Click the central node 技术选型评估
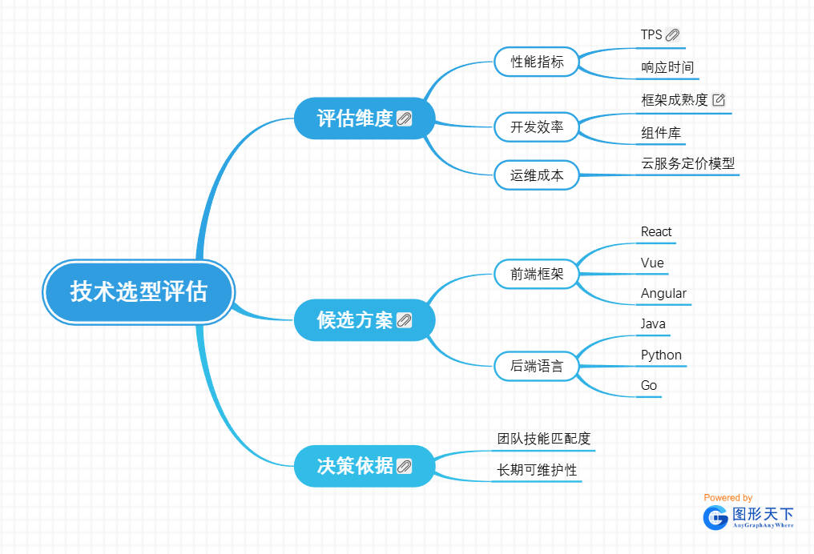tap(138, 292)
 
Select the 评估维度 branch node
tap(355, 118)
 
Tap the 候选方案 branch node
tap(355, 321)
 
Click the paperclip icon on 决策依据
tap(405, 466)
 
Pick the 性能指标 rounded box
tap(537, 62)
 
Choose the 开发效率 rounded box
tap(537, 126)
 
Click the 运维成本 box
tap(537, 175)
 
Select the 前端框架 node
tap(537, 275)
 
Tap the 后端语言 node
tap(537, 367)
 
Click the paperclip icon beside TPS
tap(672, 35)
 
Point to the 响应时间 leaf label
tap(667, 67)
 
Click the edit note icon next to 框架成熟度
tap(719, 100)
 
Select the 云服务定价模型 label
tap(687, 163)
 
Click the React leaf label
tap(656, 232)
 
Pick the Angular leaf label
tap(663, 294)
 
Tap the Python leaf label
tap(661, 355)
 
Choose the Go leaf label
tap(649, 386)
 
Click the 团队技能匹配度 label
tap(544, 439)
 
